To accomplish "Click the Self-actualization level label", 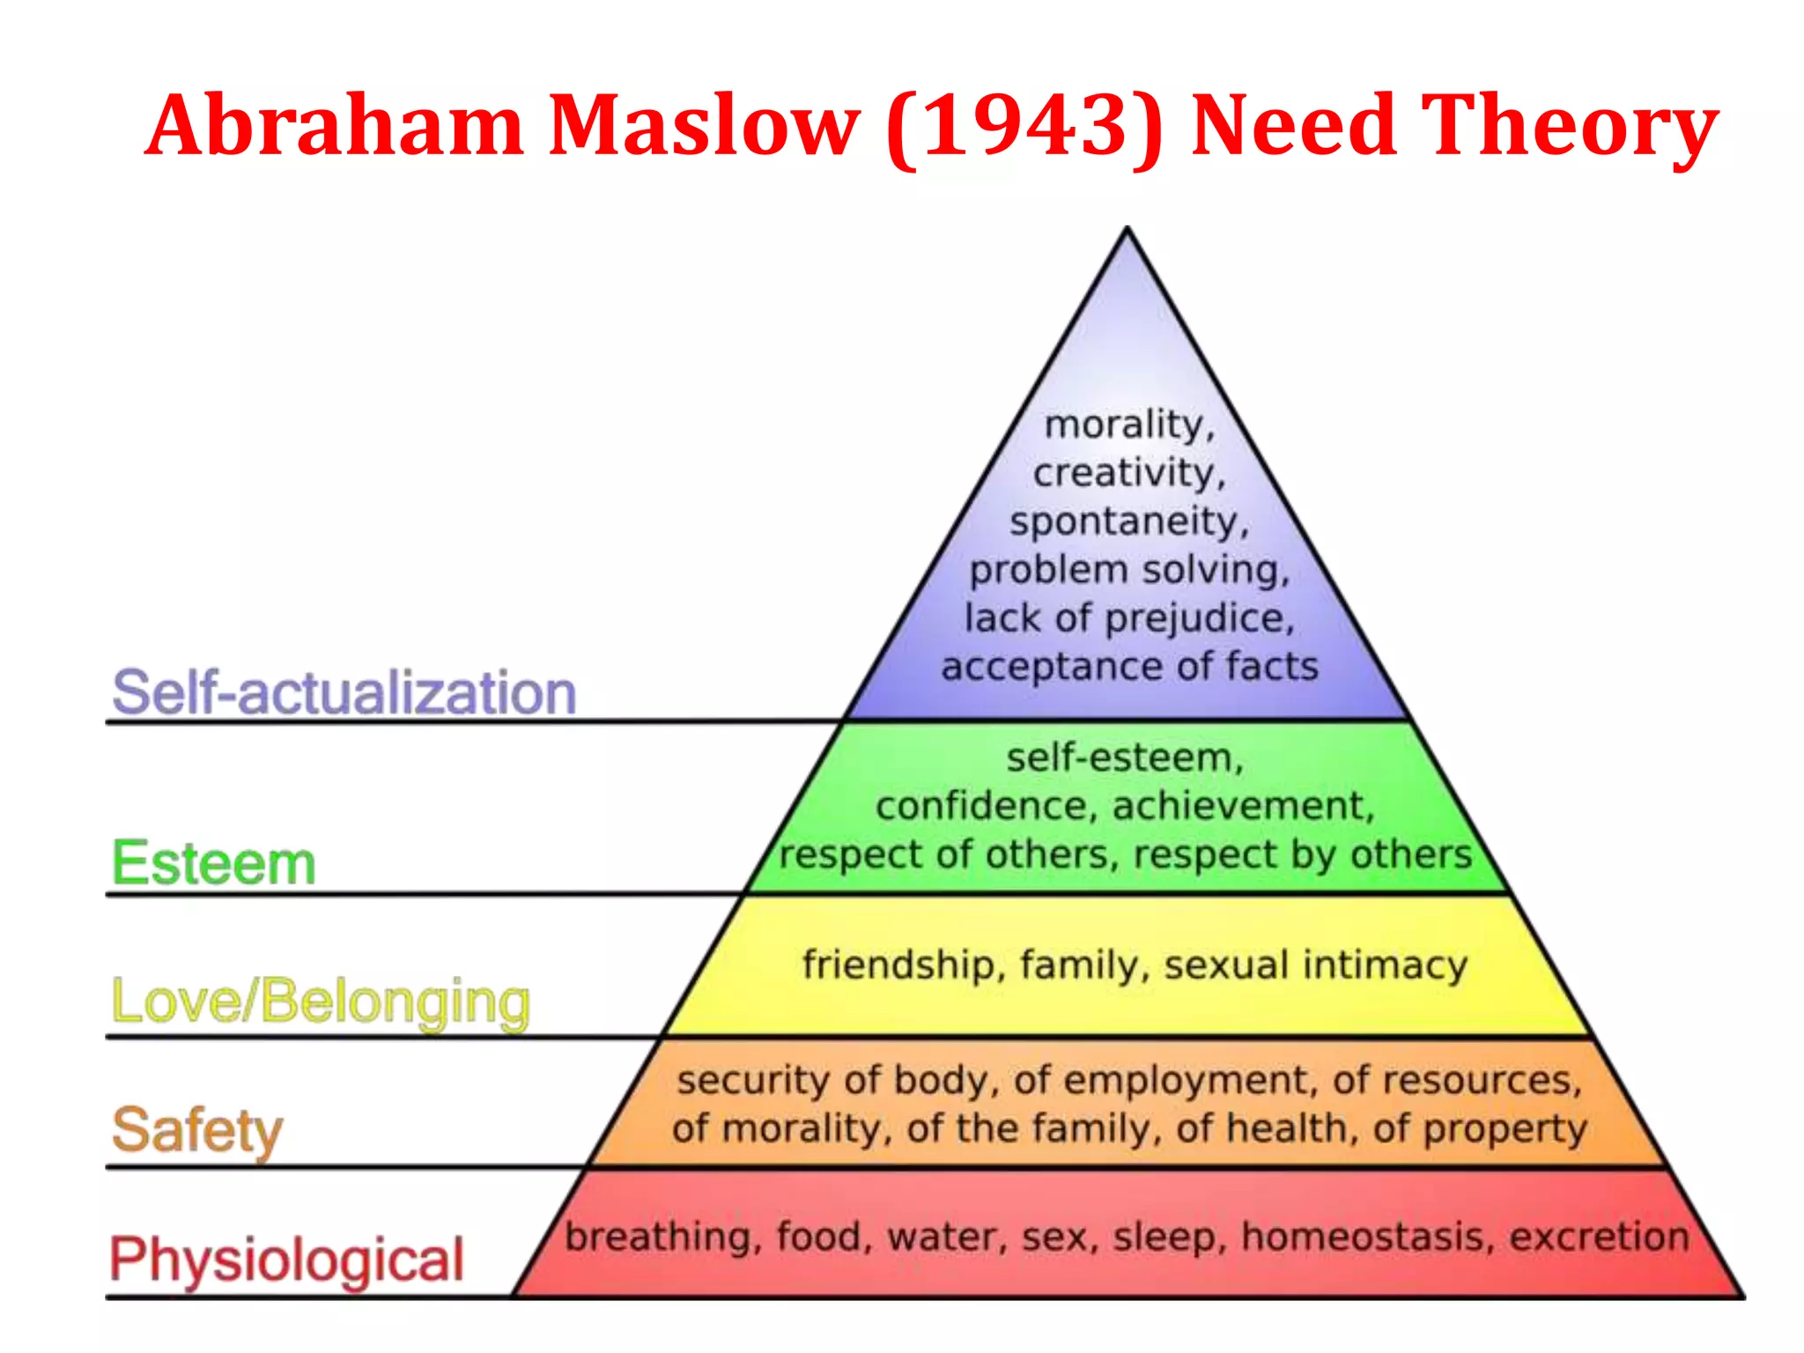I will (344, 692).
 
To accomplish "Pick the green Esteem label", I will (213, 863).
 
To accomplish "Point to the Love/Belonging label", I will (321, 1002).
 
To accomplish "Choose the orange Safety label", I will (197, 1130).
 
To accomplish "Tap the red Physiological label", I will (286, 1260).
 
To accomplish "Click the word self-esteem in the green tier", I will (1123, 758).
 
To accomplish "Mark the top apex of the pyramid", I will (1127, 229).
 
